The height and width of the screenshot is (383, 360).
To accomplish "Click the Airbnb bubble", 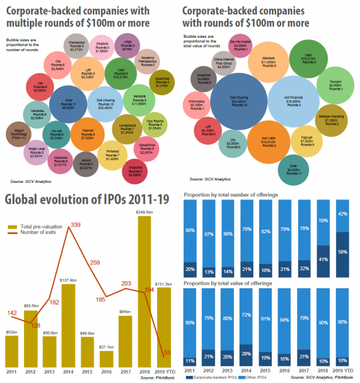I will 86,164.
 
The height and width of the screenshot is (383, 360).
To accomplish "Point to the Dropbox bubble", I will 102,46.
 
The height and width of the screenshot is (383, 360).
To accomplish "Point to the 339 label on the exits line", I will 76,225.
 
